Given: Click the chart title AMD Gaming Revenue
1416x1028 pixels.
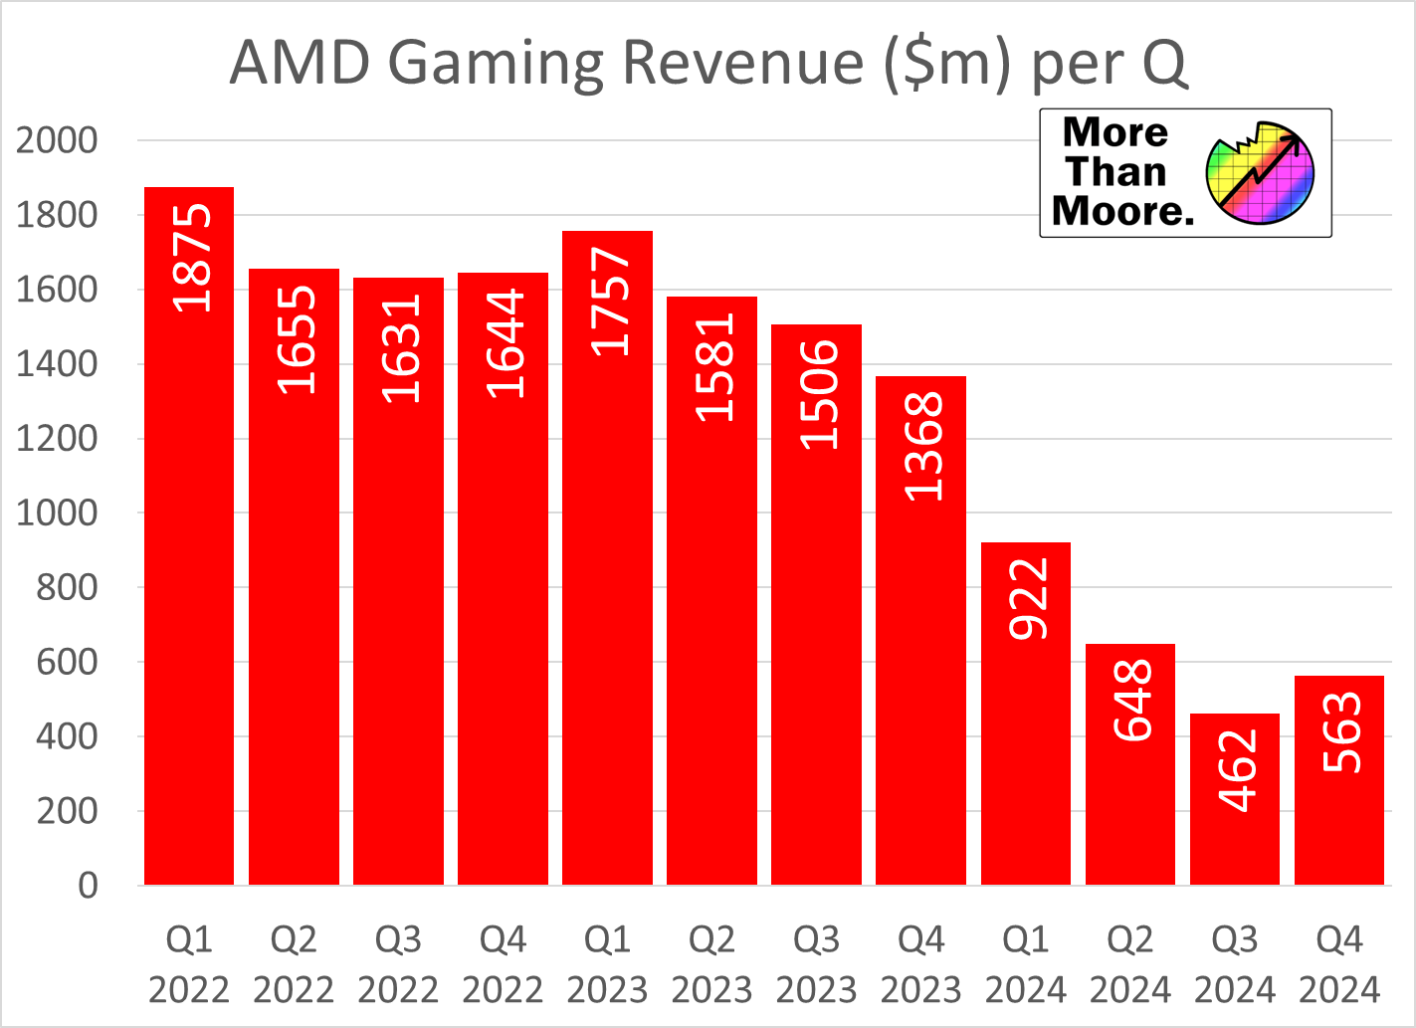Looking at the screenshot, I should [x=708, y=63].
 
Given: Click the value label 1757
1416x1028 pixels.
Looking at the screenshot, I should [x=610, y=302].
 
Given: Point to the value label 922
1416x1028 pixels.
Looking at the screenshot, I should [x=1028, y=597].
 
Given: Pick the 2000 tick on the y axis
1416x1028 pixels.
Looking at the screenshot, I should [x=57, y=140].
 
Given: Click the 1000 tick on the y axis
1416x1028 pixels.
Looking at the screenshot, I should [x=57, y=513].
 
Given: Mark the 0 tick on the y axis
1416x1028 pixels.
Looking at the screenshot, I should [x=88, y=885].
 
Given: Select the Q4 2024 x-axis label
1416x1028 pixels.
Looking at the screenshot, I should [x=1339, y=963].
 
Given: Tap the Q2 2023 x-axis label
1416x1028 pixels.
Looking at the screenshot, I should [x=711, y=963].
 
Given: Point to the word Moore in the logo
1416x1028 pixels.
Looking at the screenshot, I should [x=1121, y=211].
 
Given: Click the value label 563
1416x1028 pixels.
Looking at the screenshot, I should [x=1341, y=731].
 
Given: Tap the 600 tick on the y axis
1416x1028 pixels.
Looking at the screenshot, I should [x=67, y=662].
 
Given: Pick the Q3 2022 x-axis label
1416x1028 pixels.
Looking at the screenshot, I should [x=398, y=963].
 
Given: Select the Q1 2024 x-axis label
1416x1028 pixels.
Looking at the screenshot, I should [x=1025, y=963].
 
